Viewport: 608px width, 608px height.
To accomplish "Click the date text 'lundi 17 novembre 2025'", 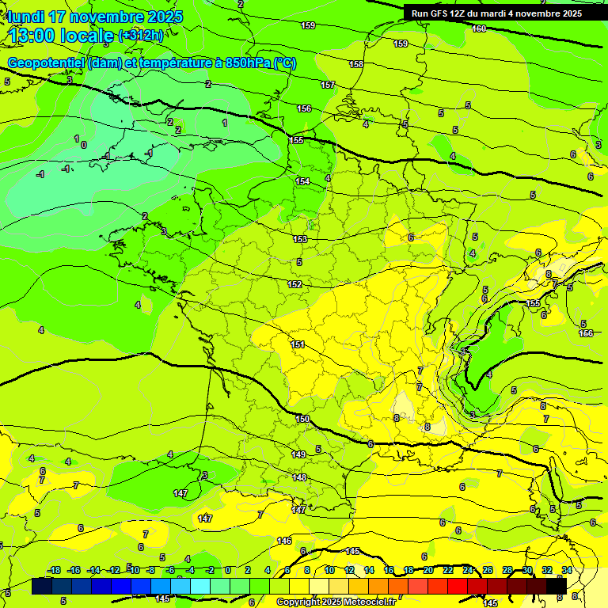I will point(95,17).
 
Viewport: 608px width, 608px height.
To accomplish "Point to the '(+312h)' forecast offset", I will point(141,36).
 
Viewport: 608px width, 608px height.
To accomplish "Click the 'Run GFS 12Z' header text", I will point(440,13).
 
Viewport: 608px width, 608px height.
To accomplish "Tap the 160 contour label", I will point(479,28).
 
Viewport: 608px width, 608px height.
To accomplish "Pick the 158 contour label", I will point(356,64).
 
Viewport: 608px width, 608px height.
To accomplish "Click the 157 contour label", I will point(328,85).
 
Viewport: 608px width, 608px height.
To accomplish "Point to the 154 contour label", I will point(302,181).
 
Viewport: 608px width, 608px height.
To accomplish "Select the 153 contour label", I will point(300,239).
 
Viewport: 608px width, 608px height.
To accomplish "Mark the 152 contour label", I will point(294,284).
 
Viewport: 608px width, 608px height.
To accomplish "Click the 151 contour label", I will point(298,344).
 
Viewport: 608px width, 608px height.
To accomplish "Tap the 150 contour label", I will point(302,419).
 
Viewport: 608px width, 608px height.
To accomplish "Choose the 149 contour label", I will point(298,454).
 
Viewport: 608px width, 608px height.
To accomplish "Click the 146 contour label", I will point(284,541).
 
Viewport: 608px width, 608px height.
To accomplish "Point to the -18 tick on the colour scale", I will point(55,570).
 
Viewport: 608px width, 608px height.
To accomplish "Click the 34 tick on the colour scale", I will point(567,570).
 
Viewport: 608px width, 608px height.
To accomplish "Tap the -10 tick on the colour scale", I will point(134,570).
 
